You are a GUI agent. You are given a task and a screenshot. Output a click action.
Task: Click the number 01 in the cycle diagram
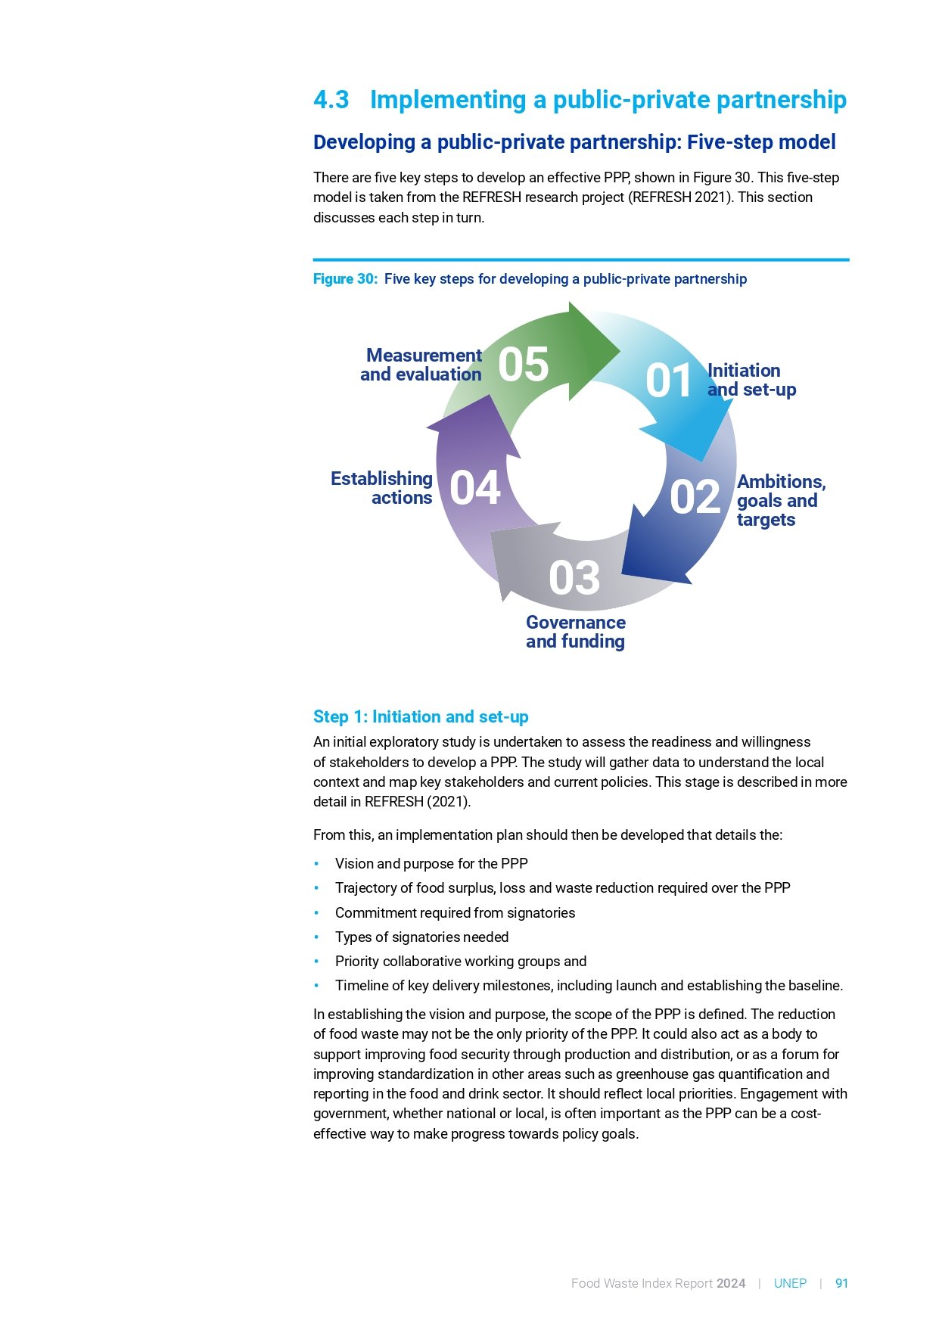(668, 381)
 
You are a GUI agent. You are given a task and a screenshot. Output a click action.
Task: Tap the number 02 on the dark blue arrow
(695, 498)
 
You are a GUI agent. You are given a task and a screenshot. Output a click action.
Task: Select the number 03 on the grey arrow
(574, 579)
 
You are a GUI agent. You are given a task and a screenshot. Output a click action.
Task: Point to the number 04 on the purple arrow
(475, 488)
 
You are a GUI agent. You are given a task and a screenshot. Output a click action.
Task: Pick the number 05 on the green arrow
(523, 365)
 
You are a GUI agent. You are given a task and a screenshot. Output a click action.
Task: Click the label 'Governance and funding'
(576, 632)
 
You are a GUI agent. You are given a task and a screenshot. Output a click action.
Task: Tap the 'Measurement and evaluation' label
(421, 365)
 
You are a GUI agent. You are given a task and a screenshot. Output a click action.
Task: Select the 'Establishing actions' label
(382, 488)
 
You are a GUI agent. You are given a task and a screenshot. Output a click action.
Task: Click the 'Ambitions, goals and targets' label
(780, 501)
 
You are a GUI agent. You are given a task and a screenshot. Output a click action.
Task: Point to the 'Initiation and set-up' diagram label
(751, 380)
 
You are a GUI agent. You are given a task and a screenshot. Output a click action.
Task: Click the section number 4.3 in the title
(331, 100)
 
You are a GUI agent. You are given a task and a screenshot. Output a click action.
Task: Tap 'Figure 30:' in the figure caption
(345, 279)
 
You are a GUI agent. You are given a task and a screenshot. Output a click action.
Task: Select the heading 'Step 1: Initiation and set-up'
(421, 716)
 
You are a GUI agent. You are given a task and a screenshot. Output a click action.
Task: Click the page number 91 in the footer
(841, 1283)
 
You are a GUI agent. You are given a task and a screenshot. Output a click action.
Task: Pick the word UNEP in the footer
(790, 1283)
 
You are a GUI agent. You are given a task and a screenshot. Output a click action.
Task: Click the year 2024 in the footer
(731, 1283)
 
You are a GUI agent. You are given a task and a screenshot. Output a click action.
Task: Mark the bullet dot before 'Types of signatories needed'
(317, 937)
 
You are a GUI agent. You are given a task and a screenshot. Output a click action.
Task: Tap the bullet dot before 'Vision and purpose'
(317, 864)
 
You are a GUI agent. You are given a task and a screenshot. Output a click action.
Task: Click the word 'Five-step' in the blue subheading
(722, 142)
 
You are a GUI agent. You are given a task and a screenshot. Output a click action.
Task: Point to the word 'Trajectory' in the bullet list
(365, 888)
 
